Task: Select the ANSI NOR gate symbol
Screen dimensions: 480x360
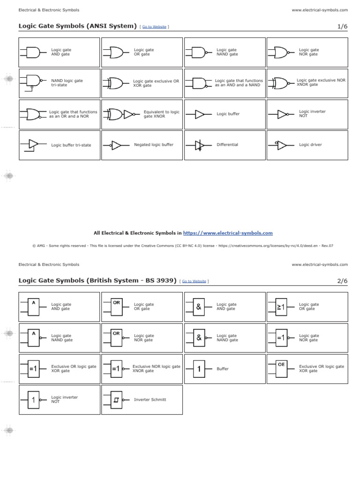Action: pyautogui.click(x=281, y=52)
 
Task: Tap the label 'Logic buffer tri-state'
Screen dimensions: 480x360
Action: pyautogui.click(x=71, y=145)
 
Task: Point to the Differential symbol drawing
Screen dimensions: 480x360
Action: pyautogui.click(x=199, y=145)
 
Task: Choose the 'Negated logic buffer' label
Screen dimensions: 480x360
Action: pyautogui.click(x=154, y=145)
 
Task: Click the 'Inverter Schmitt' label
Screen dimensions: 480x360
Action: pyautogui.click(x=150, y=400)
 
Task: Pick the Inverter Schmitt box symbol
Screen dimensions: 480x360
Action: pyautogui.click(x=117, y=400)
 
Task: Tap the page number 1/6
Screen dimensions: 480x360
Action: pyautogui.click(x=343, y=26)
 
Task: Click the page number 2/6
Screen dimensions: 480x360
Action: pyautogui.click(x=343, y=281)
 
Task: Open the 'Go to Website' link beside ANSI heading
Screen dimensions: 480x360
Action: pyautogui.click(x=154, y=27)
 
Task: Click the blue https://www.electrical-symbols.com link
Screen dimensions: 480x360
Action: pyautogui.click(x=228, y=233)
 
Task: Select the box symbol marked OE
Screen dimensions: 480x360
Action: pyautogui.click(x=281, y=368)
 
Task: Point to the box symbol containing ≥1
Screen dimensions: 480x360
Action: pyautogui.click(x=281, y=307)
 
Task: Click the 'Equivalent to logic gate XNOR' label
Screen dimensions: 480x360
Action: pyautogui.click(x=162, y=114)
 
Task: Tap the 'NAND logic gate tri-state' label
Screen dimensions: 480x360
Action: pyautogui.click(x=67, y=83)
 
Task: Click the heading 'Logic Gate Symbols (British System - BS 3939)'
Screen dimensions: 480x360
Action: pyautogui.click(x=97, y=280)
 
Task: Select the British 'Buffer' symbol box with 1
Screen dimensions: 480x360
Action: pyautogui.click(x=199, y=369)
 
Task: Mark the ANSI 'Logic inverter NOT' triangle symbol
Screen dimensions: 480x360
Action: pyautogui.click(x=282, y=114)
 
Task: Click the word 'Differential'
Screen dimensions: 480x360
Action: pyautogui.click(x=227, y=145)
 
